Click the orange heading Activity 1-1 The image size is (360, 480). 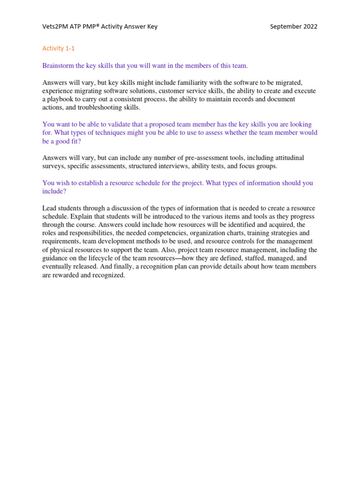click(x=59, y=48)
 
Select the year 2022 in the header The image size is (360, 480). click(x=310, y=27)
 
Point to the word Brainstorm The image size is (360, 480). click(x=59, y=66)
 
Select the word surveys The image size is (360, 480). click(x=53, y=166)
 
